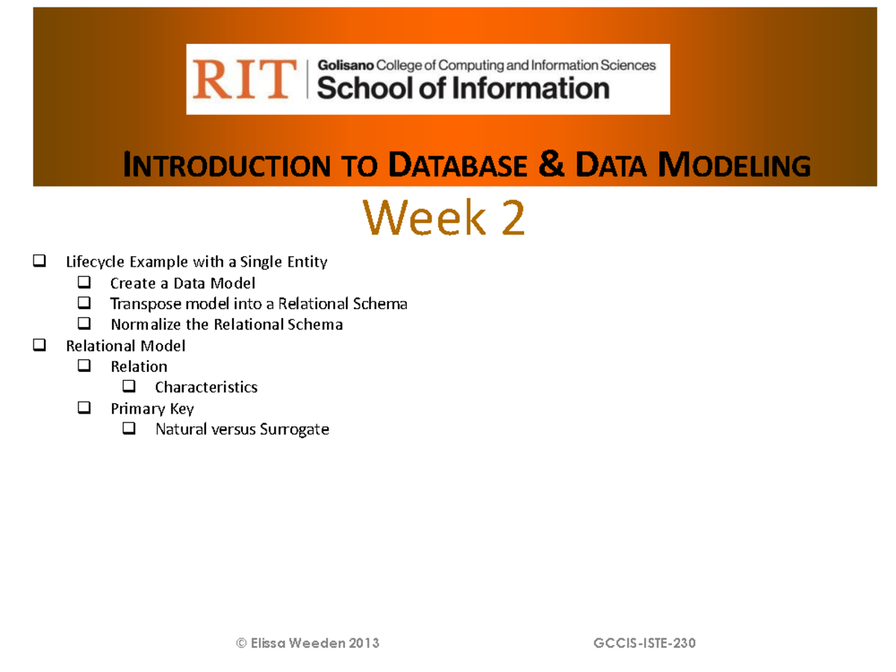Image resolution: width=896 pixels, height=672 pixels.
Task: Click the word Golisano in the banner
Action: click(346, 66)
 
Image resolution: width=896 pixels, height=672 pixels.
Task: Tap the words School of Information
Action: click(463, 89)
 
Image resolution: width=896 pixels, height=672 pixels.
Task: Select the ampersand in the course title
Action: click(550, 164)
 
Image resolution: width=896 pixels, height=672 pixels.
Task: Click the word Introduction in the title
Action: click(226, 166)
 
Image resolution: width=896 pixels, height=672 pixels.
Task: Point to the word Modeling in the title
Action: click(735, 166)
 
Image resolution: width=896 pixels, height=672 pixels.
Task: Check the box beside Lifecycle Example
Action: click(40, 262)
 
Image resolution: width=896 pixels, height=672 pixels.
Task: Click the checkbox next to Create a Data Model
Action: click(84, 283)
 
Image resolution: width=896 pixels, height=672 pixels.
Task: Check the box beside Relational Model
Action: click(40, 346)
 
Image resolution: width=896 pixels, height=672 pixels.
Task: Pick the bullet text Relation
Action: click(139, 367)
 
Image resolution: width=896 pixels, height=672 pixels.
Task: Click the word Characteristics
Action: click(206, 388)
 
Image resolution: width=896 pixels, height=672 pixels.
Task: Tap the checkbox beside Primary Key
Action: click(84, 408)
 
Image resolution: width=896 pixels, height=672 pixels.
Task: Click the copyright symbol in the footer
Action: click(241, 643)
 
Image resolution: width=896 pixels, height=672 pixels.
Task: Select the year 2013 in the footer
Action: click(364, 643)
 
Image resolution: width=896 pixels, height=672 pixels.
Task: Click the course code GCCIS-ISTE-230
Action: click(644, 643)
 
